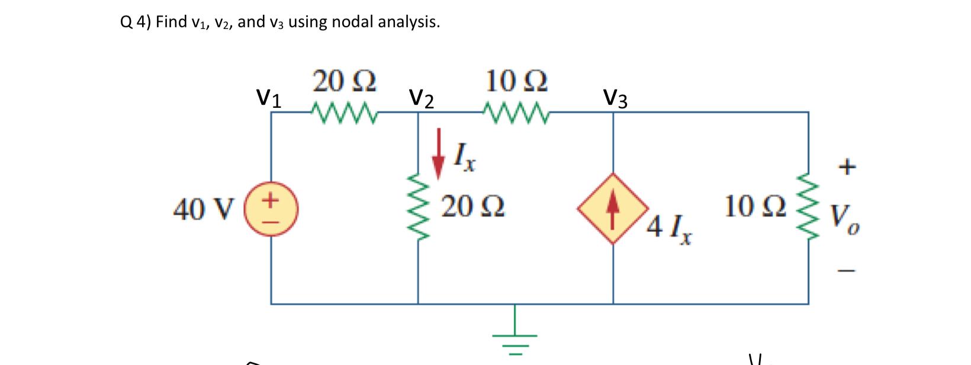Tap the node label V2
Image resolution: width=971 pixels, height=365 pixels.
(422, 98)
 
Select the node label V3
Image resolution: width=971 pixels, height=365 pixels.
(616, 98)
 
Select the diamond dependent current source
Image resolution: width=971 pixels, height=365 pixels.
(613, 209)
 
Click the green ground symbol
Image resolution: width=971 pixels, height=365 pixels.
(514, 335)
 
